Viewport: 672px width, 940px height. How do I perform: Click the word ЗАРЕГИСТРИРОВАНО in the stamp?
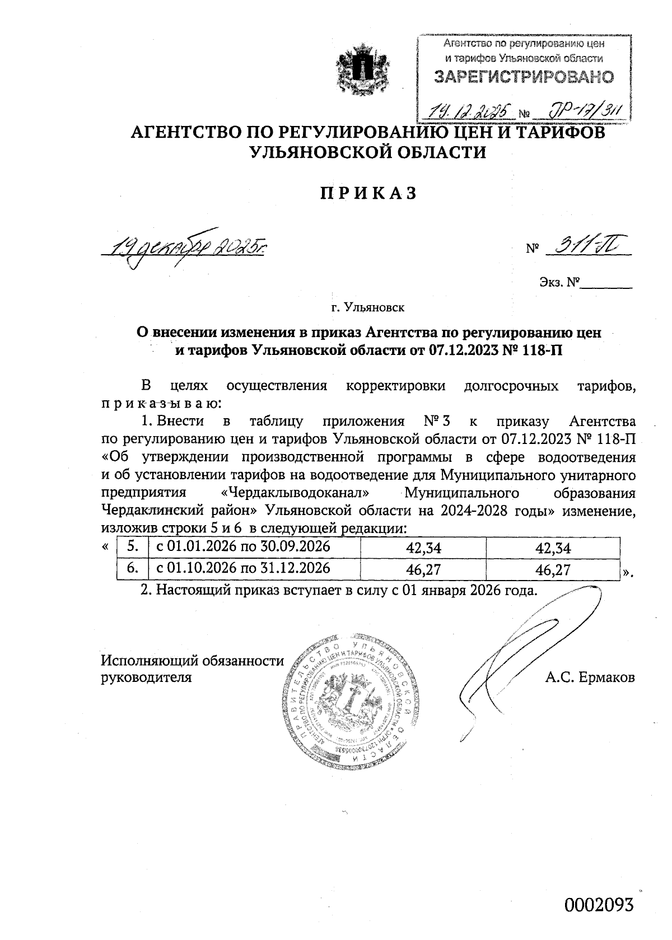pyautogui.click(x=524, y=77)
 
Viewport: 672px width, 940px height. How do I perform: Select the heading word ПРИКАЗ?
pyautogui.click(x=368, y=193)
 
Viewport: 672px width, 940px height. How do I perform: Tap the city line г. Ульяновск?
pyautogui.click(x=367, y=307)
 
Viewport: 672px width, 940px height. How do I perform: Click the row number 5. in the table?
pyautogui.click(x=132, y=547)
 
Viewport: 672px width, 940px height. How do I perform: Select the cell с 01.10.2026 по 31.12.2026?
pyautogui.click(x=243, y=568)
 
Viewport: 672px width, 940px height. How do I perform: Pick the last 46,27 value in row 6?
pyautogui.click(x=553, y=570)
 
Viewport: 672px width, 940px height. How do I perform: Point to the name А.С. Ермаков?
pyautogui.click(x=590, y=677)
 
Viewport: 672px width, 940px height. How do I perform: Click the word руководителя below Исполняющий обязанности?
pyautogui.click(x=146, y=677)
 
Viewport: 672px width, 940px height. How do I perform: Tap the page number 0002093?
pyautogui.click(x=599, y=905)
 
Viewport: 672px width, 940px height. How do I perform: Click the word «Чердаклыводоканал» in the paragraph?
pyautogui.click(x=293, y=493)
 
